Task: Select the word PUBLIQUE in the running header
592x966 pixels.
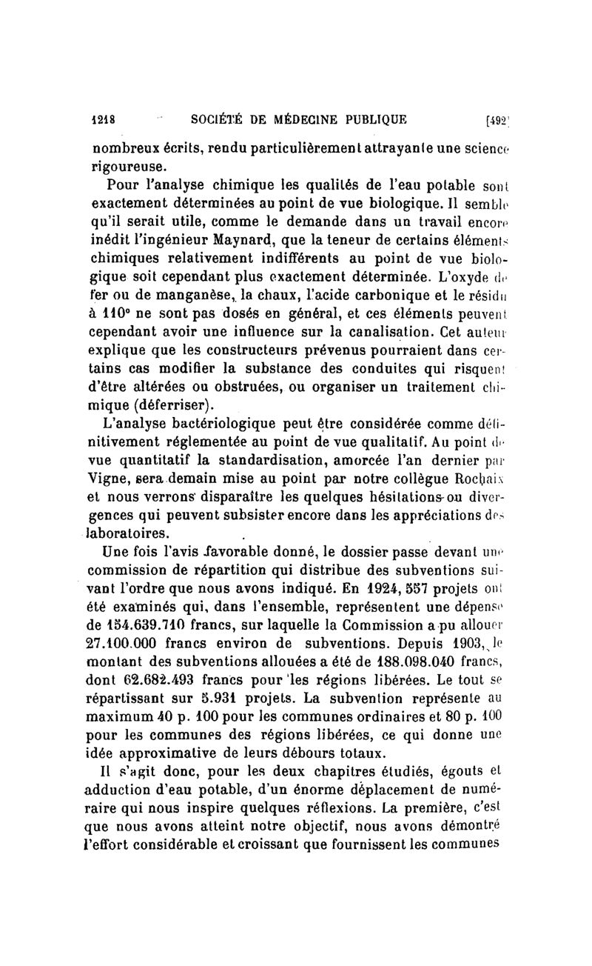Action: tap(369, 118)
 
